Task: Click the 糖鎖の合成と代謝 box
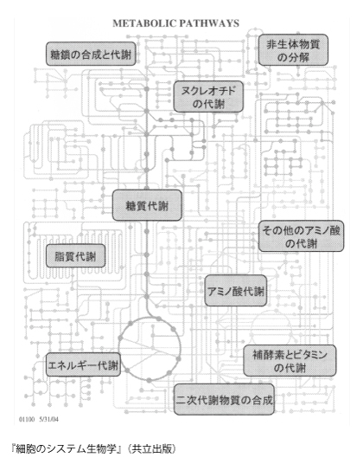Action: tap(91, 55)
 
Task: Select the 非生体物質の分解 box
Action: tap(293, 49)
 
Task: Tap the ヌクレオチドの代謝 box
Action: tap(208, 96)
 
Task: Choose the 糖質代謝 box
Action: tap(147, 205)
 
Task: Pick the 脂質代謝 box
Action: tap(75, 256)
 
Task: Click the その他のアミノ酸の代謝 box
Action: tap(302, 236)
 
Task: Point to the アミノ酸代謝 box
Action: tap(236, 291)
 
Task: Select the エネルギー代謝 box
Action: tap(83, 364)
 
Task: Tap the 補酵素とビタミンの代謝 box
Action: tap(290, 360)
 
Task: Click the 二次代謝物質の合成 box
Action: tap(224, 399)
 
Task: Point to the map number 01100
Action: tap(27, 419)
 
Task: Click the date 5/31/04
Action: tap(48, 419)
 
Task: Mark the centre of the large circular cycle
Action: tap(150, 348)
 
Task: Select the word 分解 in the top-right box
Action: tap(299, 57)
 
